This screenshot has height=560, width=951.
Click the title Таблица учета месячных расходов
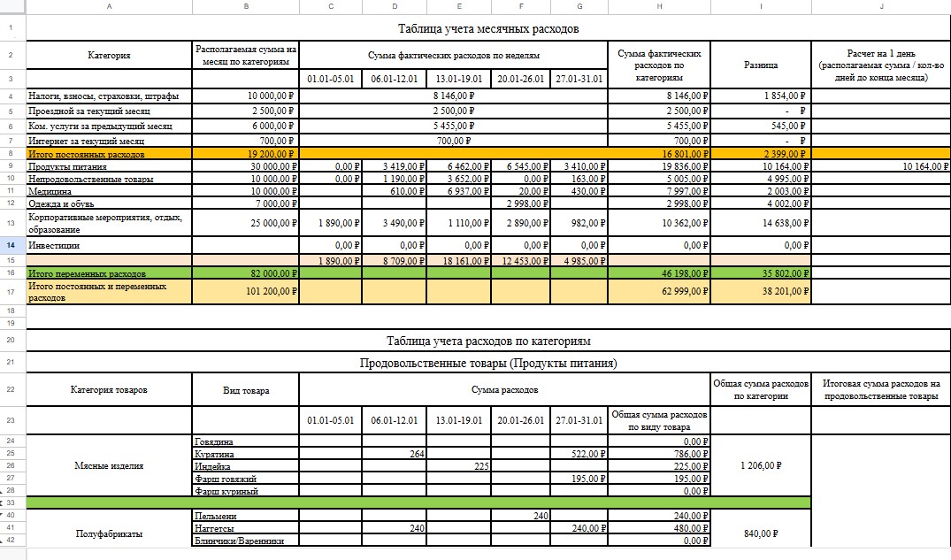pyautogui.click(x=488, y=28)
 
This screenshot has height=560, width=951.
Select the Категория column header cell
pyautogui.click(x=109, y=56)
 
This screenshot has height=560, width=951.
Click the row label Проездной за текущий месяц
pyautogui.click(x=89, y=111)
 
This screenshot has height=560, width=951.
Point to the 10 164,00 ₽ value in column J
pyautogui.click(x=924, y=166)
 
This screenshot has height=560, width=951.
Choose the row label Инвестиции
pyautogui.click(x=55, y=245)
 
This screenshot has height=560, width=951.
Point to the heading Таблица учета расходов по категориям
pyautogui.click(x=488, y=341)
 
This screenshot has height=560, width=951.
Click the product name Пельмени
pyautogui.click(x=215, y=516)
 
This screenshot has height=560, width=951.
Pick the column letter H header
pyautogui.click(x=660, y=7)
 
